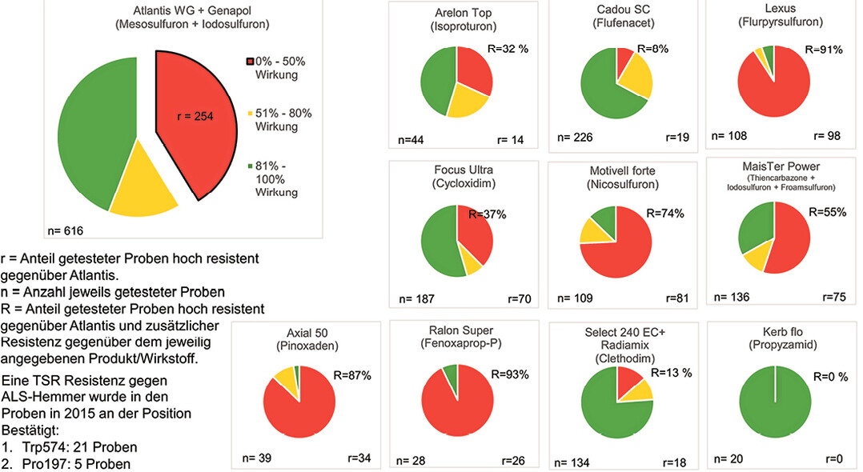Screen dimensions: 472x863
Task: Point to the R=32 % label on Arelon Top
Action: tap(509, 49)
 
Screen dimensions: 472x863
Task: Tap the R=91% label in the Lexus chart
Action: tap(826, 49)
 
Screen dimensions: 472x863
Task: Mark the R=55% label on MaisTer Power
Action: tap(826, 214)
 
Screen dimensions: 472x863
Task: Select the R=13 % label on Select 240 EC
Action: tap(672, 372)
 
